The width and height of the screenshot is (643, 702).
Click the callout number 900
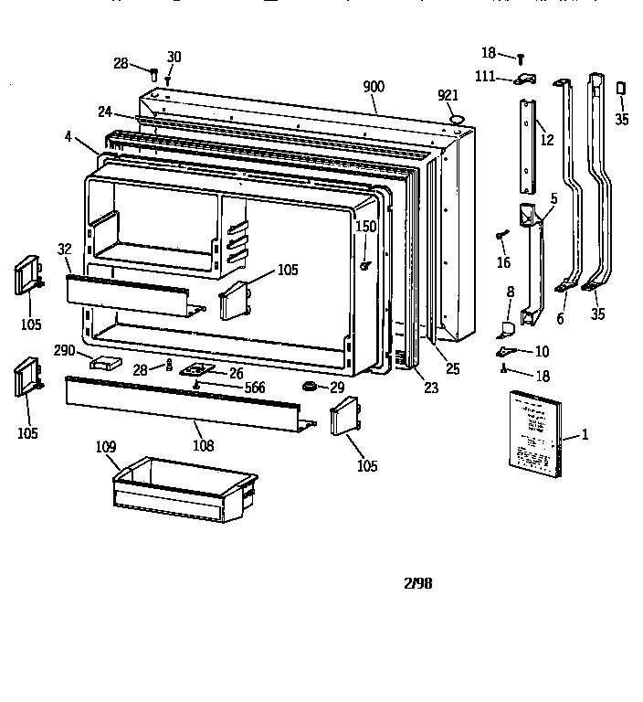click(x=374, y=87)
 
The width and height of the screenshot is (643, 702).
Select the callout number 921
click(x=448, y=96)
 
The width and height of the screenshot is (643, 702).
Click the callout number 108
click(x=203, y=446)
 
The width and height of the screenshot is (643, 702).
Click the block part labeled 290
click(x=105, y=361)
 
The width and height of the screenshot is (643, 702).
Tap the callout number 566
click(x=255, y=388)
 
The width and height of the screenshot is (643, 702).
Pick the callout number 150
click(x=365, y=226)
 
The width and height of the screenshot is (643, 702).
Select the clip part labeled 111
click(x=526, y=80)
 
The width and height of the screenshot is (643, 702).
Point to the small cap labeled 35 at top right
click(x=621, y=88)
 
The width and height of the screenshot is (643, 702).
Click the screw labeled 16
click(x=502, y=236)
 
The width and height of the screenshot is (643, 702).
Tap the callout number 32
click(x=64, y=249)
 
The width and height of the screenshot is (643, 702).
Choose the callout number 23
click(x=431, y=388)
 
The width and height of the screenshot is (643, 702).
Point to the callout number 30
click(x=174, y=57)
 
